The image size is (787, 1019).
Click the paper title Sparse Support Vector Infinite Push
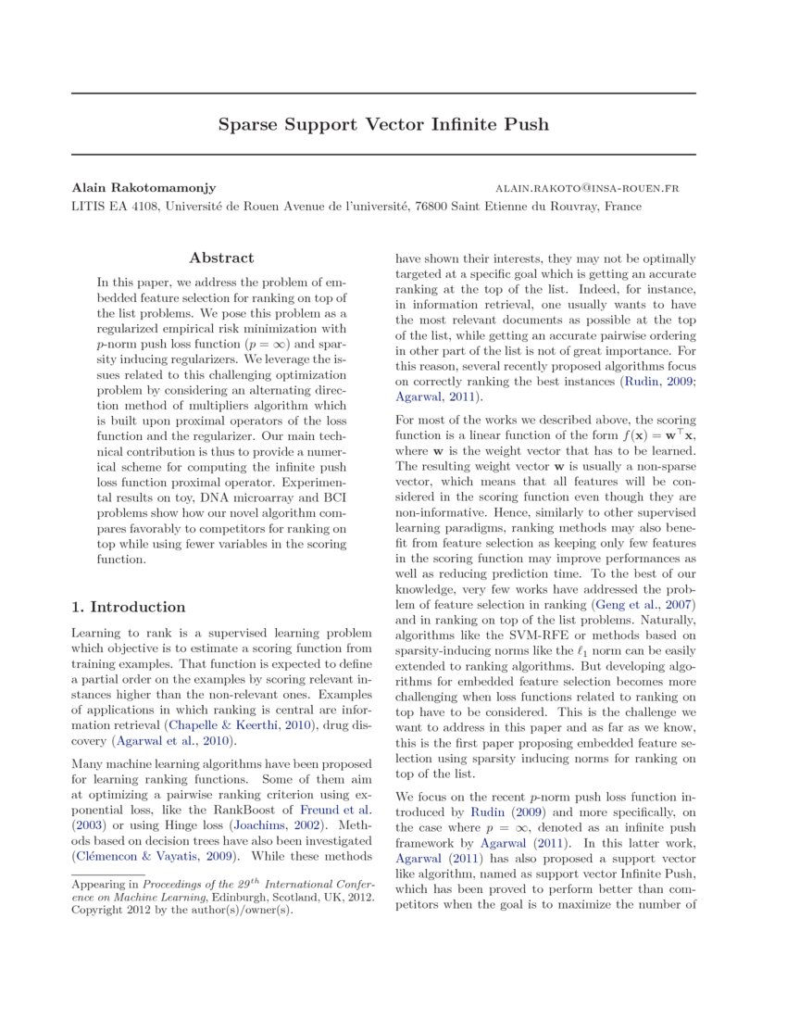(383, 124)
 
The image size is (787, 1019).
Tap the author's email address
(587, 188)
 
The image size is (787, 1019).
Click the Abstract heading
(221, 258)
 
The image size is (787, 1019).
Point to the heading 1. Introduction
(129, 607)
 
